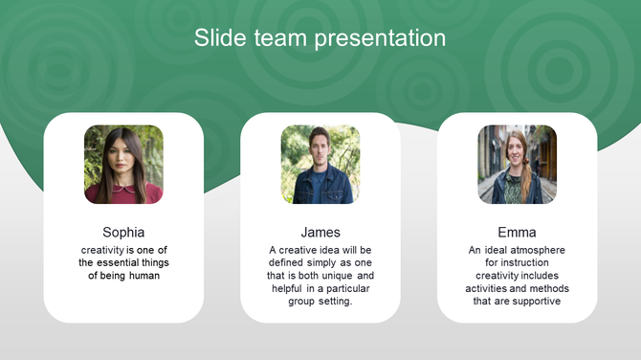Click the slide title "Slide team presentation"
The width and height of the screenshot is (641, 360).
[320, 38]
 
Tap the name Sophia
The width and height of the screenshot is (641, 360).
[123, 232]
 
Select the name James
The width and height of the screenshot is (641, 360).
[320, 232]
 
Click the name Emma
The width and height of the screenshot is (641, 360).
[517, 232]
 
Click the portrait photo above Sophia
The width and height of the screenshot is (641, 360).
[123, 165]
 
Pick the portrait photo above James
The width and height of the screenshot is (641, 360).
[320, 165]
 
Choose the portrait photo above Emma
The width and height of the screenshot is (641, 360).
[517, 165]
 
